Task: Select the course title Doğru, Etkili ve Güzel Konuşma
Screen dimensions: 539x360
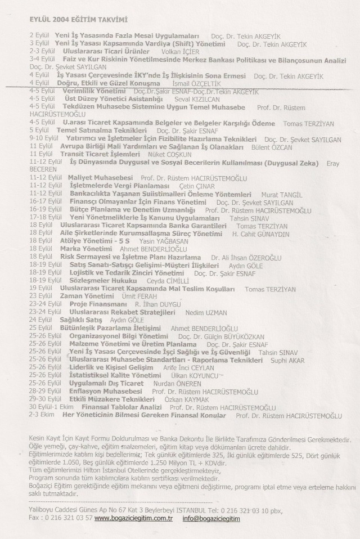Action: point(106,83)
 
